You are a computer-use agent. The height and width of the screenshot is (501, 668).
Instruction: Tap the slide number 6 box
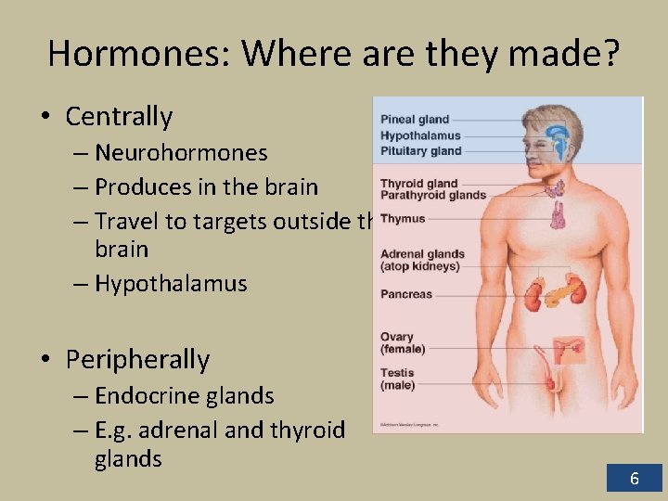[x=635, y=479]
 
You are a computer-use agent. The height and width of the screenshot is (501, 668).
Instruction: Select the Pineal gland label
[x=414, y=120]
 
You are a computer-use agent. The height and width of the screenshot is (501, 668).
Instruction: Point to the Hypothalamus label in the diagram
[x=420, y=135]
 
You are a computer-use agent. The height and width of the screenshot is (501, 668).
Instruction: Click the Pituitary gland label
[x=420, y=150]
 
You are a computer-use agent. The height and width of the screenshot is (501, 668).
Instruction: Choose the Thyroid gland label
[x=418, y=184]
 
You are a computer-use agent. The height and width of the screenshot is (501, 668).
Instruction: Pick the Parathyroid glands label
[x=432, y=196]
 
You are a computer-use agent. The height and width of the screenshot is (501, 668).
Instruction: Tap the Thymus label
[x=403, y=219]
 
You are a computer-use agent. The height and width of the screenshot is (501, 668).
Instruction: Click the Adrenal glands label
[x=422, y=254]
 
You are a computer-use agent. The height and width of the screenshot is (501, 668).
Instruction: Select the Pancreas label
[x=406, y=294]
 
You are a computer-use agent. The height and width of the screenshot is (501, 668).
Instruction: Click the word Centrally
[x=119, y=117]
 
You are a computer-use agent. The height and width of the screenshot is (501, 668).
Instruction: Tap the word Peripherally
[x=137, y=359]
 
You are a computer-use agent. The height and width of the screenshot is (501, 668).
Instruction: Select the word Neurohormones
[x=181, y=152]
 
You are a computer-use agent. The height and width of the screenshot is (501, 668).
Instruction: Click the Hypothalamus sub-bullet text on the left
[x=171, y=283]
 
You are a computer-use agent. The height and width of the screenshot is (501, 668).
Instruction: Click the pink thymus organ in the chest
[x=559, y=215]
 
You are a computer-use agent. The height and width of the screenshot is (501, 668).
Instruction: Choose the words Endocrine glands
[x=184, y=396]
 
